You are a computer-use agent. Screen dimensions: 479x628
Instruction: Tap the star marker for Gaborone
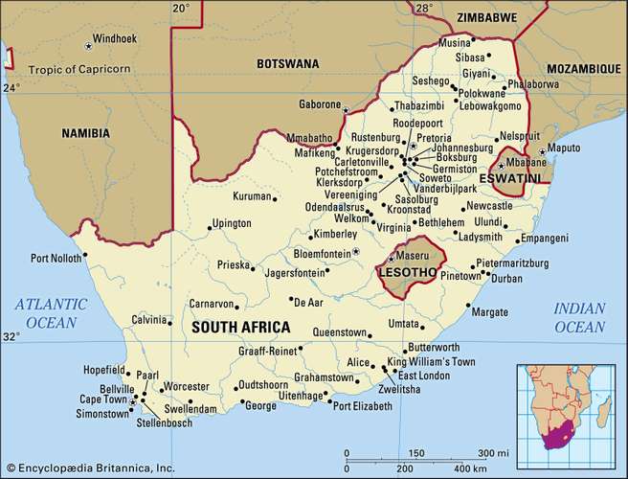pyautogui.click(x=346, y=110)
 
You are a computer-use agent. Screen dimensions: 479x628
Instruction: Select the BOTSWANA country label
pyautogui.click(x=287, y=63)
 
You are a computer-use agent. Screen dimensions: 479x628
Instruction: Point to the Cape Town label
pyautogui.click(x=102, y=399)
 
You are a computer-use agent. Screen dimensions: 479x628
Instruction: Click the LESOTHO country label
pyautogui.click(x=407, y=273)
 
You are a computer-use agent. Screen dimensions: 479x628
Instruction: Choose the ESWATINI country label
pyautogui.click(x=506, y=177)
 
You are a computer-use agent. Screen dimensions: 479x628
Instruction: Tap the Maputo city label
pyautogui.click(x=572, y=149)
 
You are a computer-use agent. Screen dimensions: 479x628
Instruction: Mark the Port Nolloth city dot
pyautogui.click(x=84, y=255)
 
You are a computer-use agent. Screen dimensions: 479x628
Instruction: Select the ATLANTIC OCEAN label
pyautogui.click(x=51, y=314)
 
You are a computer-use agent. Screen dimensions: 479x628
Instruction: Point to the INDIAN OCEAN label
pyautogui.click(x=579, y=317)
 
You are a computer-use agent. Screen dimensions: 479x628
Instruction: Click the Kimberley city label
pyautogui.click(x=334, y=233)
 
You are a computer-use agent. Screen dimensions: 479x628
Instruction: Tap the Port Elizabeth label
pyautogui.click(x=362, y=406)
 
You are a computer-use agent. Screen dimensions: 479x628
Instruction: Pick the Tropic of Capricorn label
pyautogui.click(x=82, y=70)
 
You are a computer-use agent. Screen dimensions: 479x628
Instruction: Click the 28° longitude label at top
pyautogui.click(x=422, y=9)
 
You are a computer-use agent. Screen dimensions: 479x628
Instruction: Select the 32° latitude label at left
pyautogui.click(x=11, y=336)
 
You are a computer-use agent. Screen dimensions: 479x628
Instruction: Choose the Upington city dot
pyautogui.click(x=210, y=228)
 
